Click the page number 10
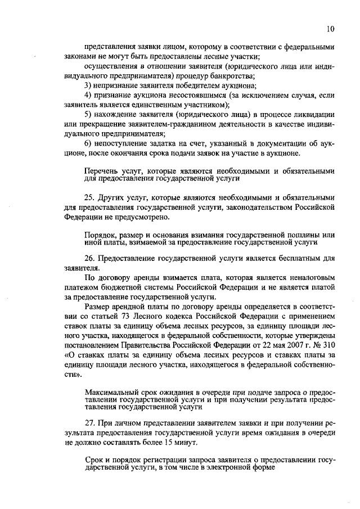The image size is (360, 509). tap(331, 29)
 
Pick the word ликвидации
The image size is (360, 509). tap(316, 115)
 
